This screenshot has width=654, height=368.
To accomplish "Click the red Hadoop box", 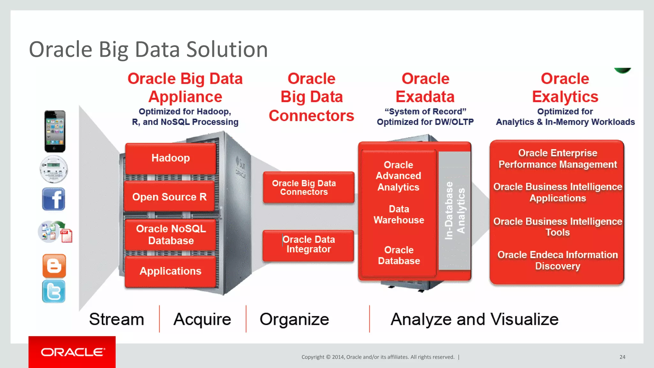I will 171,158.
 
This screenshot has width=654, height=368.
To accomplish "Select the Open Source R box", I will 169,197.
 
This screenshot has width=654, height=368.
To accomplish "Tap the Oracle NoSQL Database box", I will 171,235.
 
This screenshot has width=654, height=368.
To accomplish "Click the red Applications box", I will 171,271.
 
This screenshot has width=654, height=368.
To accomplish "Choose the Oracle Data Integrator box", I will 308,245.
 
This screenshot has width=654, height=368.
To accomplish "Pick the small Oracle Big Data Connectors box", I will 308,188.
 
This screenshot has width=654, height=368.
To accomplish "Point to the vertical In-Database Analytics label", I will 455,211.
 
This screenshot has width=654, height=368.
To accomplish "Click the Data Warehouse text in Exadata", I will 399,215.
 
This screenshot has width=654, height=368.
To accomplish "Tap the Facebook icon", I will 54,199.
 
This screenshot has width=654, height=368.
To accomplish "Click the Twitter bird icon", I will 54,291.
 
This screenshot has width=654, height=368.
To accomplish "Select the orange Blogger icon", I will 54,266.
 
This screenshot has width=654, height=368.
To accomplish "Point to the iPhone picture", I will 55,131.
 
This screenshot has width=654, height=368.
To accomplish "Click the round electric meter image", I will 54,169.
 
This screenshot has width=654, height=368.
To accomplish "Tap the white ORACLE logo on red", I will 72,352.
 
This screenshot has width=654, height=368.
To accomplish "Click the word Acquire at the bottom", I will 202,319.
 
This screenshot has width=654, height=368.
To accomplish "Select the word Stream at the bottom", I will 117,319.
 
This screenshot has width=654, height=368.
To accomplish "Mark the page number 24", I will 622,357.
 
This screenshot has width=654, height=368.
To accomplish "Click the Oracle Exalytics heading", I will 565,88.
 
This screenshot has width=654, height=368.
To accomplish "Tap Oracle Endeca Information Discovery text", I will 558,260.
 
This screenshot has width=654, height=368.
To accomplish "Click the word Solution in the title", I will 227,50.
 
